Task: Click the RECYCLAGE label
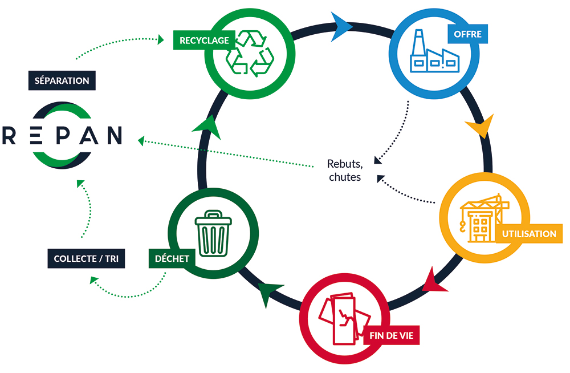[204, 40]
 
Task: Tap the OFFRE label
[467, 34]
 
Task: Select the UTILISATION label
[529, 234]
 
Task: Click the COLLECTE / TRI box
[86, 258]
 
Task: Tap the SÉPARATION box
[62, 80]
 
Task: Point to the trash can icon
[213, 233]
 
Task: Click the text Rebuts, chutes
[345, 170]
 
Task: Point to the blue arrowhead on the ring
[343, 24]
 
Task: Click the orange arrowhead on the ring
[479, 127]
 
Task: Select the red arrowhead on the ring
[435, 281]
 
